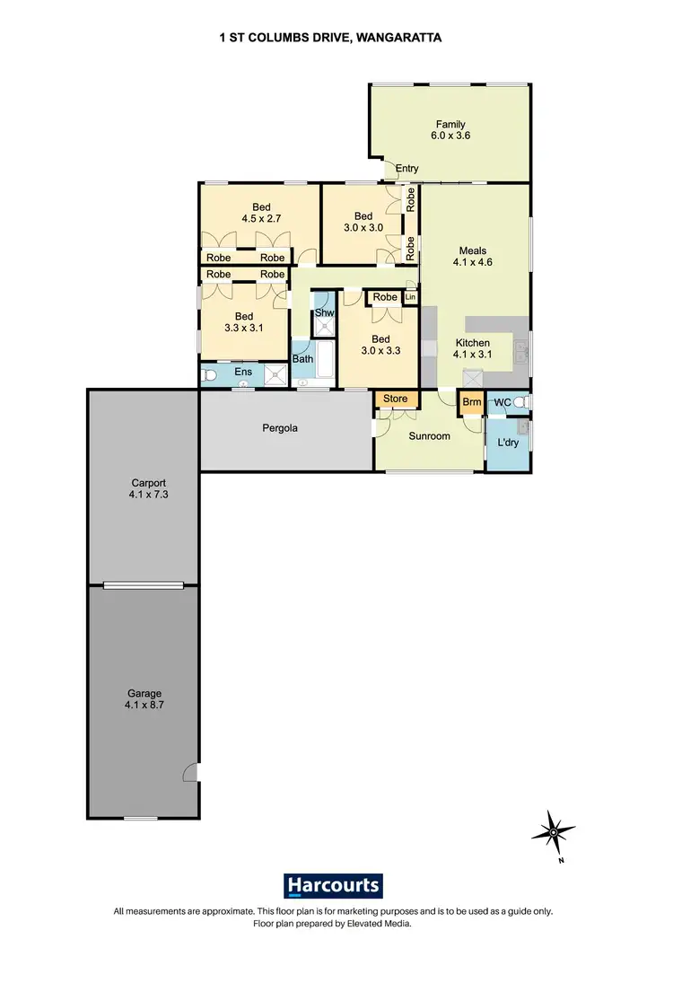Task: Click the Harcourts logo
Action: pos(334,886)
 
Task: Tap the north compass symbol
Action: pos(554,832)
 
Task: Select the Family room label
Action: pos(450,130)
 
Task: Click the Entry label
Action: pos(407,169)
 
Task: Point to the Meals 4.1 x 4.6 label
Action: pos(473,257)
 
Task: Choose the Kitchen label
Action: pos(472,349)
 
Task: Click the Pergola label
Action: pos(280,428)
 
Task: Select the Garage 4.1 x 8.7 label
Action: pos(144,699)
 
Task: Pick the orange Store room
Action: pos(395,399)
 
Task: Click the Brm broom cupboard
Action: pos(471,403)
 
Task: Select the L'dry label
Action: pos(497,442)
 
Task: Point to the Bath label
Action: pos(302,359)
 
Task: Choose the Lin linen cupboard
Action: pos(411,297)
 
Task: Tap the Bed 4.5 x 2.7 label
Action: pos(260,211)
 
